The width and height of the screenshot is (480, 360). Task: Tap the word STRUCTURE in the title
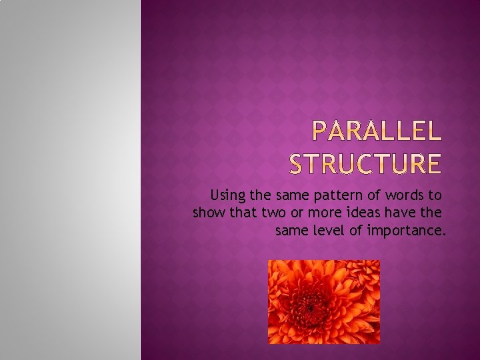coord(365,163)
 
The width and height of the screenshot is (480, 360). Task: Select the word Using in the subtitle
coord(227,195)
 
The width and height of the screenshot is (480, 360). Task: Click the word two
coord(273,213)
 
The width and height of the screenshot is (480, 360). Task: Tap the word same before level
coord(291,231)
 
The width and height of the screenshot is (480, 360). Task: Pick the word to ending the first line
coord(435,195)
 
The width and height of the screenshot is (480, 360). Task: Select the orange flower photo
coord(324,301)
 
